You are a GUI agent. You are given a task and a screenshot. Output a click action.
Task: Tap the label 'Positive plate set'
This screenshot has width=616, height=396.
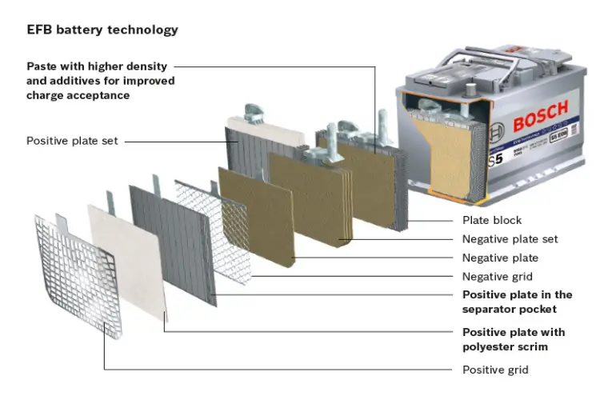tap(72, 141)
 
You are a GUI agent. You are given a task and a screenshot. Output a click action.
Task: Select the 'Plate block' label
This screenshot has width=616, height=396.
tap(492, 220)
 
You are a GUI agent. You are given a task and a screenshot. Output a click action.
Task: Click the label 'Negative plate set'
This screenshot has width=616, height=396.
tap(510, 239)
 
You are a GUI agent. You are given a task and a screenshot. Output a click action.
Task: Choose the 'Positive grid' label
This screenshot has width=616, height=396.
tap(495, 370)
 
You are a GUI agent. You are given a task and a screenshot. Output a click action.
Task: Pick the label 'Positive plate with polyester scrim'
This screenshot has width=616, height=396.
tap(513, 339)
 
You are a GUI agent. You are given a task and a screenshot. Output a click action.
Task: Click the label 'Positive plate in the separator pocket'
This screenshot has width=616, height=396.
tap(517, 302)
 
